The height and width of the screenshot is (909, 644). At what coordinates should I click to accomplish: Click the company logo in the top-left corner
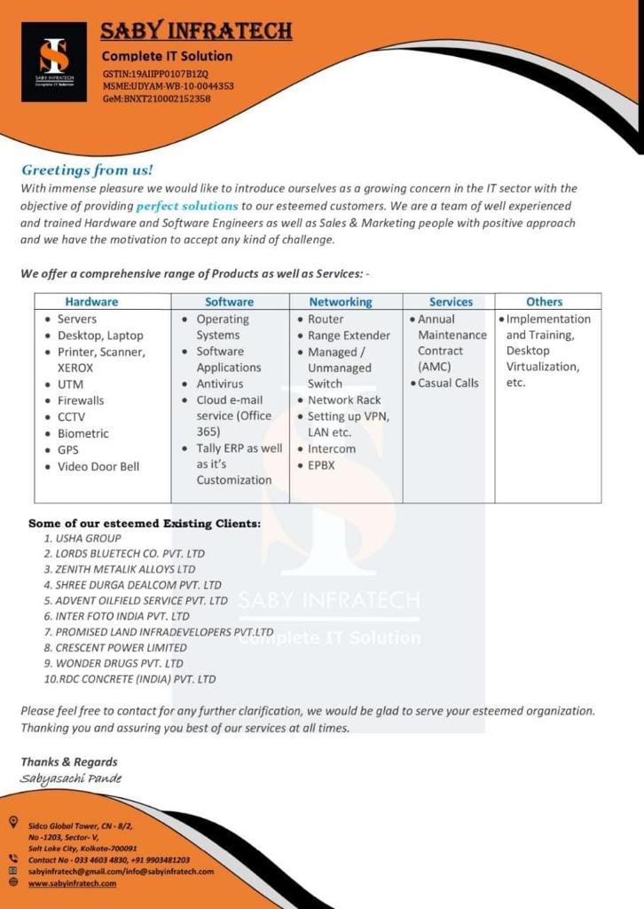pyautogui.click(x=54, y=61)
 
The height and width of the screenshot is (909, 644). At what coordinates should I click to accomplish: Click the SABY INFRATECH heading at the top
pyautogui.click(x=196, y=32)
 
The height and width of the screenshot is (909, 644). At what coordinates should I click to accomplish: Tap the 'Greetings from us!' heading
pyautogui.click(x=87, y=170)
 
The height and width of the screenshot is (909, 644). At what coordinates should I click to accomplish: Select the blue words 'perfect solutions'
pyautogui.click(x=187, y=206)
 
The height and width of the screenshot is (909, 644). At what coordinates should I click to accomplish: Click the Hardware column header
pyautogui.click(x=91, y=302)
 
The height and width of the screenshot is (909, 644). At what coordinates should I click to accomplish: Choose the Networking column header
pyautogui.click(x=341, y=302)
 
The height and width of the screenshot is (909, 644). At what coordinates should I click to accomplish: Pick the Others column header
pyautogui.click(x=544, y=302)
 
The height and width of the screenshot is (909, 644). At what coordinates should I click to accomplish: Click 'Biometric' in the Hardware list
pyautogui.click(x=83, y=433)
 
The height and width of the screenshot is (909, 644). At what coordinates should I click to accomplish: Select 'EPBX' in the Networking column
pyautogui.click(x=321, y=464)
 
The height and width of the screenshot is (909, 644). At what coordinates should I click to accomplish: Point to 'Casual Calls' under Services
pyautogui.click(x=448, y=383)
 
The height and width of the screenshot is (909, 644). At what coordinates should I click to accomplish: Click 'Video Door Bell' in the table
pyautogui.click(x=98, y=466)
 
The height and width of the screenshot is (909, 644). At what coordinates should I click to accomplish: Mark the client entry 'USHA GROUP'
pyautogui.click(x=88, y=538)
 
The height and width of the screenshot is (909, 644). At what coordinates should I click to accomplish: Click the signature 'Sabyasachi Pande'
pyautogui.click(x=71, y=779)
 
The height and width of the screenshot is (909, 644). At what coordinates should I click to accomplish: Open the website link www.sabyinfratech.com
pyautogui.click(x=72, y=883)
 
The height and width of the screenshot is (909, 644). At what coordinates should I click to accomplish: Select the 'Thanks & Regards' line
pyautogui.click(x=69, y=762)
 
